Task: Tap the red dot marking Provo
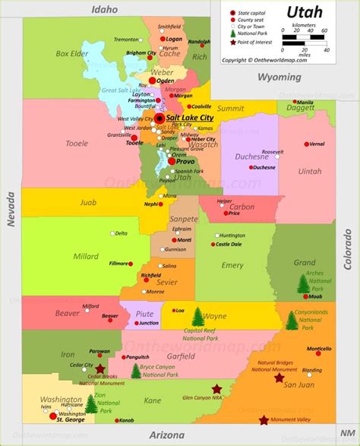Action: (x=172, y=161)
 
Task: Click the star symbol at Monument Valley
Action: (x=264, y=420)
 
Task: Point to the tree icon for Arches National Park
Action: (x=303, y=283)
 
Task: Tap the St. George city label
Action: (x=69, y=419)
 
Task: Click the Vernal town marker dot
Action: (x=307, y=144)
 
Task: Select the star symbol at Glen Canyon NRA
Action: (x=217, y=388)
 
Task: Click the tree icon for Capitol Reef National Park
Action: (x=199, y=315)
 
